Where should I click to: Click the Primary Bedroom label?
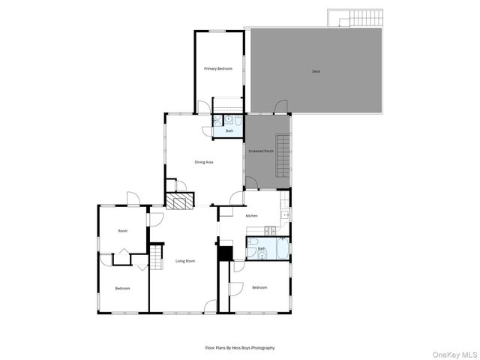click(218, 68)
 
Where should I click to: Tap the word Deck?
click(316, 71)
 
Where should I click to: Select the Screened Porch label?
click(261, 151)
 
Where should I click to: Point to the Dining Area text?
click(205, 162)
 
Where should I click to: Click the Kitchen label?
click(252, 215)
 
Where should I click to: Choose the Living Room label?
click(185, 261)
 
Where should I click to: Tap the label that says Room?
click(122, 231)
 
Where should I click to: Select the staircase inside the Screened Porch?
click(282, 155)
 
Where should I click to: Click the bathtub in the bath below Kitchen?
click(282, 249)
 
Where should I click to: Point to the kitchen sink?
click(286, 214)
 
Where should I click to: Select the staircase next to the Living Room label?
click(155, 260)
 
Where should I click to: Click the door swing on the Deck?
click(280, 106)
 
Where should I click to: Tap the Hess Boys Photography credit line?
click(240, 348)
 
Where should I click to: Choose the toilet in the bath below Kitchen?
click(253, 254)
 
